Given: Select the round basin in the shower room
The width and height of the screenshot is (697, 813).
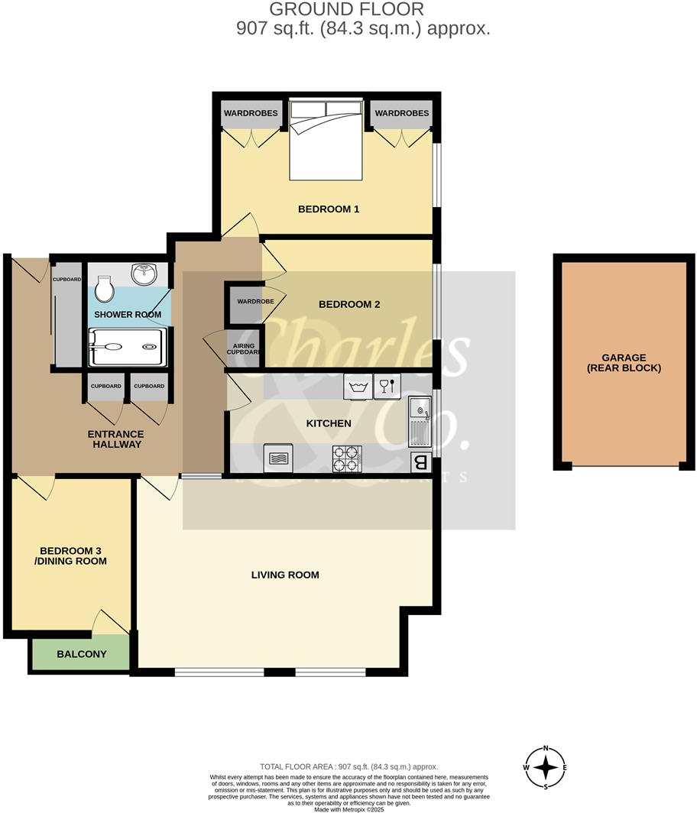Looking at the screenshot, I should [144, 274].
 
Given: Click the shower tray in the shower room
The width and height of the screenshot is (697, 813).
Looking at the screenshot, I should [127, 347].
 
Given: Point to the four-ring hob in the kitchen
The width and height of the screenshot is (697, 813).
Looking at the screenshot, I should [347, 458].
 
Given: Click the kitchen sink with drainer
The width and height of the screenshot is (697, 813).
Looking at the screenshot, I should [420, 424].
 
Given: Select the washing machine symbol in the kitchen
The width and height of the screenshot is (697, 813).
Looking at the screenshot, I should [357, 385].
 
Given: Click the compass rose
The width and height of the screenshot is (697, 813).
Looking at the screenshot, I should [545, 767].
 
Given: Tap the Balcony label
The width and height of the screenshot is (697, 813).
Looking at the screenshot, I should [82, 654].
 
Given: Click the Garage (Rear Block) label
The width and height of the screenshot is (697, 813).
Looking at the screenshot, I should [624, 362].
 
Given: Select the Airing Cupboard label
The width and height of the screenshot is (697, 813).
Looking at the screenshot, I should [244, 349].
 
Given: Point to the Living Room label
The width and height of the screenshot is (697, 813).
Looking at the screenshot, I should [285, 575].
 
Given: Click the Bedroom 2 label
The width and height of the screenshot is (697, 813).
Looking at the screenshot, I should [349, 304].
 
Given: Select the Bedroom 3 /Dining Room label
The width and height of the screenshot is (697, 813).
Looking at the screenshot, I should [73, 555].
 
